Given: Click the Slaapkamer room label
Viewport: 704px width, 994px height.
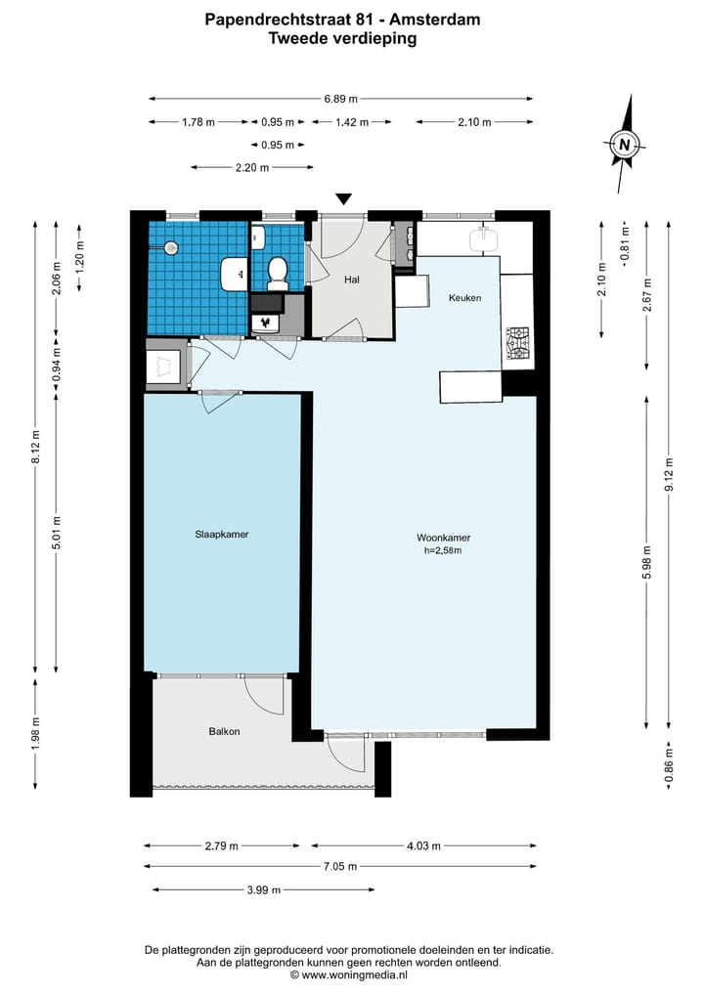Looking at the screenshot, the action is point(221,535).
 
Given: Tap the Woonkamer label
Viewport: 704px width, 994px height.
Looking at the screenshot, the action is point(443,538).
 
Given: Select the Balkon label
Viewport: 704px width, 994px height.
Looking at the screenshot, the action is point(225,731).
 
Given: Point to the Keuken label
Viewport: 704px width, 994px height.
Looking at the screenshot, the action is point(464,298).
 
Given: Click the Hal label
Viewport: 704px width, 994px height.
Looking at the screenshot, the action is point(352,279).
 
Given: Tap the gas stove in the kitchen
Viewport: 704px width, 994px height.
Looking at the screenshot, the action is point(517,343).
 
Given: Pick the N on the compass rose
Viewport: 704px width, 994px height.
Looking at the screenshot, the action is point(625,145).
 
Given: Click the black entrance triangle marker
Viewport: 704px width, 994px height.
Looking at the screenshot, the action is point(343,199).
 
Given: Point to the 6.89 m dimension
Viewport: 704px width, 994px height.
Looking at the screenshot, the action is point(340,99).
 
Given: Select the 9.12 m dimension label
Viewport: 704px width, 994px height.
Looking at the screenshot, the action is point(668,474).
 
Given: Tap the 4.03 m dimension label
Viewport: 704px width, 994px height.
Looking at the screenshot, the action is point(423,845).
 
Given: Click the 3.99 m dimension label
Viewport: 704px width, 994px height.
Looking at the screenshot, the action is point(264,890).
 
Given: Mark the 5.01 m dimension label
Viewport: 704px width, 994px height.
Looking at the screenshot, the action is point(56,534).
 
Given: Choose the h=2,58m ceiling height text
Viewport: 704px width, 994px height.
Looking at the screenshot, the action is point(443,551).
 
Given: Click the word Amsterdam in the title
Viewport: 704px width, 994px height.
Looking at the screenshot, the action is point(434,20).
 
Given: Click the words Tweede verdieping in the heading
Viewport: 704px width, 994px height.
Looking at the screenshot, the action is point(342,39).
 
